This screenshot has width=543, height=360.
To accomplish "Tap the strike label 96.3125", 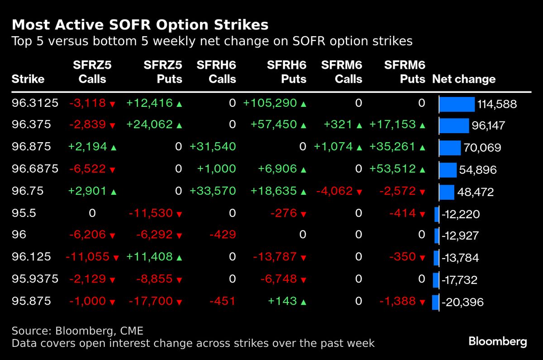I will coord(35,103).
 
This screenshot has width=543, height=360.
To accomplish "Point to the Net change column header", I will coord(464,79).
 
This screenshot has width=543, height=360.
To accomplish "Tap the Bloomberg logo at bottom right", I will coord(497,341).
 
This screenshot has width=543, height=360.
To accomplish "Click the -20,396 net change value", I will coord(462,302).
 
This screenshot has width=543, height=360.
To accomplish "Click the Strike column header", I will coord(28,79).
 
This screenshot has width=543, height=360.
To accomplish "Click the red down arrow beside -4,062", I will coord(359,192).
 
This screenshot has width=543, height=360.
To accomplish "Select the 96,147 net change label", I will coord(488,126).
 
